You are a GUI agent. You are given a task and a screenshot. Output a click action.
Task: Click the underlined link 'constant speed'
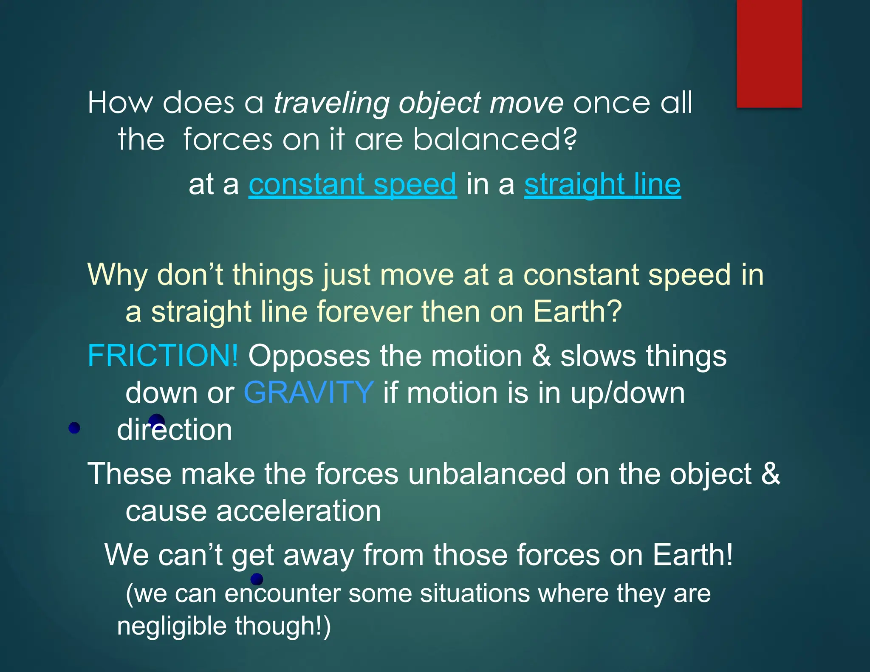(353, 185)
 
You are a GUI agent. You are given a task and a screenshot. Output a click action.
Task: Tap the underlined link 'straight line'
(602, 185)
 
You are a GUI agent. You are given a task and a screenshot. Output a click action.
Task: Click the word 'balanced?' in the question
(495, 140)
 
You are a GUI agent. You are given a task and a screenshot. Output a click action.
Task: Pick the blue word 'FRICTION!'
(163, 356)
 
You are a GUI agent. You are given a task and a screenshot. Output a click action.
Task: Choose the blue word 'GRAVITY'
(309, 393)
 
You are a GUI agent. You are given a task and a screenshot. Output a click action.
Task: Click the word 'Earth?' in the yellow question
(577, 312)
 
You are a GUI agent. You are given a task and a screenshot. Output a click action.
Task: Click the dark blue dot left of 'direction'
(74, 428)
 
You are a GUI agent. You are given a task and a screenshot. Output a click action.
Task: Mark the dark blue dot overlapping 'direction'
(156, 421)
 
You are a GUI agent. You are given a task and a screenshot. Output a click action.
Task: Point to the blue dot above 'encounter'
(257, 579)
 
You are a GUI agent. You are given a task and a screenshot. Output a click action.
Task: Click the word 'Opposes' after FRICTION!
(309, 356)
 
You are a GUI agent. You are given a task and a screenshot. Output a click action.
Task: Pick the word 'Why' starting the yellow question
(118, 275)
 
